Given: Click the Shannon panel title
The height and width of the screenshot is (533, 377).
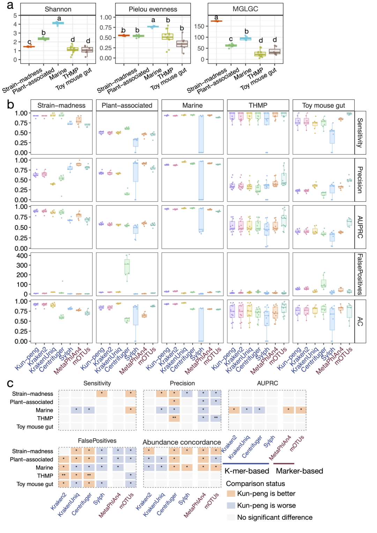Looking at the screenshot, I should (x=58, y=9).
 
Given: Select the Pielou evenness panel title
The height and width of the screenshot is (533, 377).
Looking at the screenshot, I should (x=153, y=9).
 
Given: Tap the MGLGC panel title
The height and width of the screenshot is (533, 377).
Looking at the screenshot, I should (x=245, y=9).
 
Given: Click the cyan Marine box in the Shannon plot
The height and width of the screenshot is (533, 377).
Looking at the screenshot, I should (x=58, y=23).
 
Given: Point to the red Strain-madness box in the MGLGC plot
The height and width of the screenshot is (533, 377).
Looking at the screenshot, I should (x=216, y=21).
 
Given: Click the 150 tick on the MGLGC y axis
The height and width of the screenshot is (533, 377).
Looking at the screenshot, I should (x=199, y=26).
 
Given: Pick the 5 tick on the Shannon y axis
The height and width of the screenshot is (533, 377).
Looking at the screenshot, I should (x=15, y=15).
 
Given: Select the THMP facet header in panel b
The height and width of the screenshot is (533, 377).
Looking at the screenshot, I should (x=258, y=105).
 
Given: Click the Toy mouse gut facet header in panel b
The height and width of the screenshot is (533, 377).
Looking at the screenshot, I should (x=323, y=105).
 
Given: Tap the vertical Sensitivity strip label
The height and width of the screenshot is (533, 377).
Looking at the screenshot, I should (x=360, y=133).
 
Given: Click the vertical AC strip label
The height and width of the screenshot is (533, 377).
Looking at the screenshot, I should (x=360, y=321).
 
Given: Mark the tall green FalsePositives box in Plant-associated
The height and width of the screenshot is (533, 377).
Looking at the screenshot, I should (x=127, y=266).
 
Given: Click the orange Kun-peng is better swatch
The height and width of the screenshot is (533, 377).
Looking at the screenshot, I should (x=231, y=494).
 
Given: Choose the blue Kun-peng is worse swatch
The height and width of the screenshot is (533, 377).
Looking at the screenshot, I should (x=231, y=505).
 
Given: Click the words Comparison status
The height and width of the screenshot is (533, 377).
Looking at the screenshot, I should (x=255, y=483).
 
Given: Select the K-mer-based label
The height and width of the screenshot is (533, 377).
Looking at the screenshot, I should (x=247, y=471).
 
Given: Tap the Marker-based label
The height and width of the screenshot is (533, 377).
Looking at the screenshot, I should (x=299, y=471).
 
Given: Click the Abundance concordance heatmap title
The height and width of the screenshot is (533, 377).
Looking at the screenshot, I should (x=182, y=442).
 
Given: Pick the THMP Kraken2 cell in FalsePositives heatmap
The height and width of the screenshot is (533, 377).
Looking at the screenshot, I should (x=64, y=475).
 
